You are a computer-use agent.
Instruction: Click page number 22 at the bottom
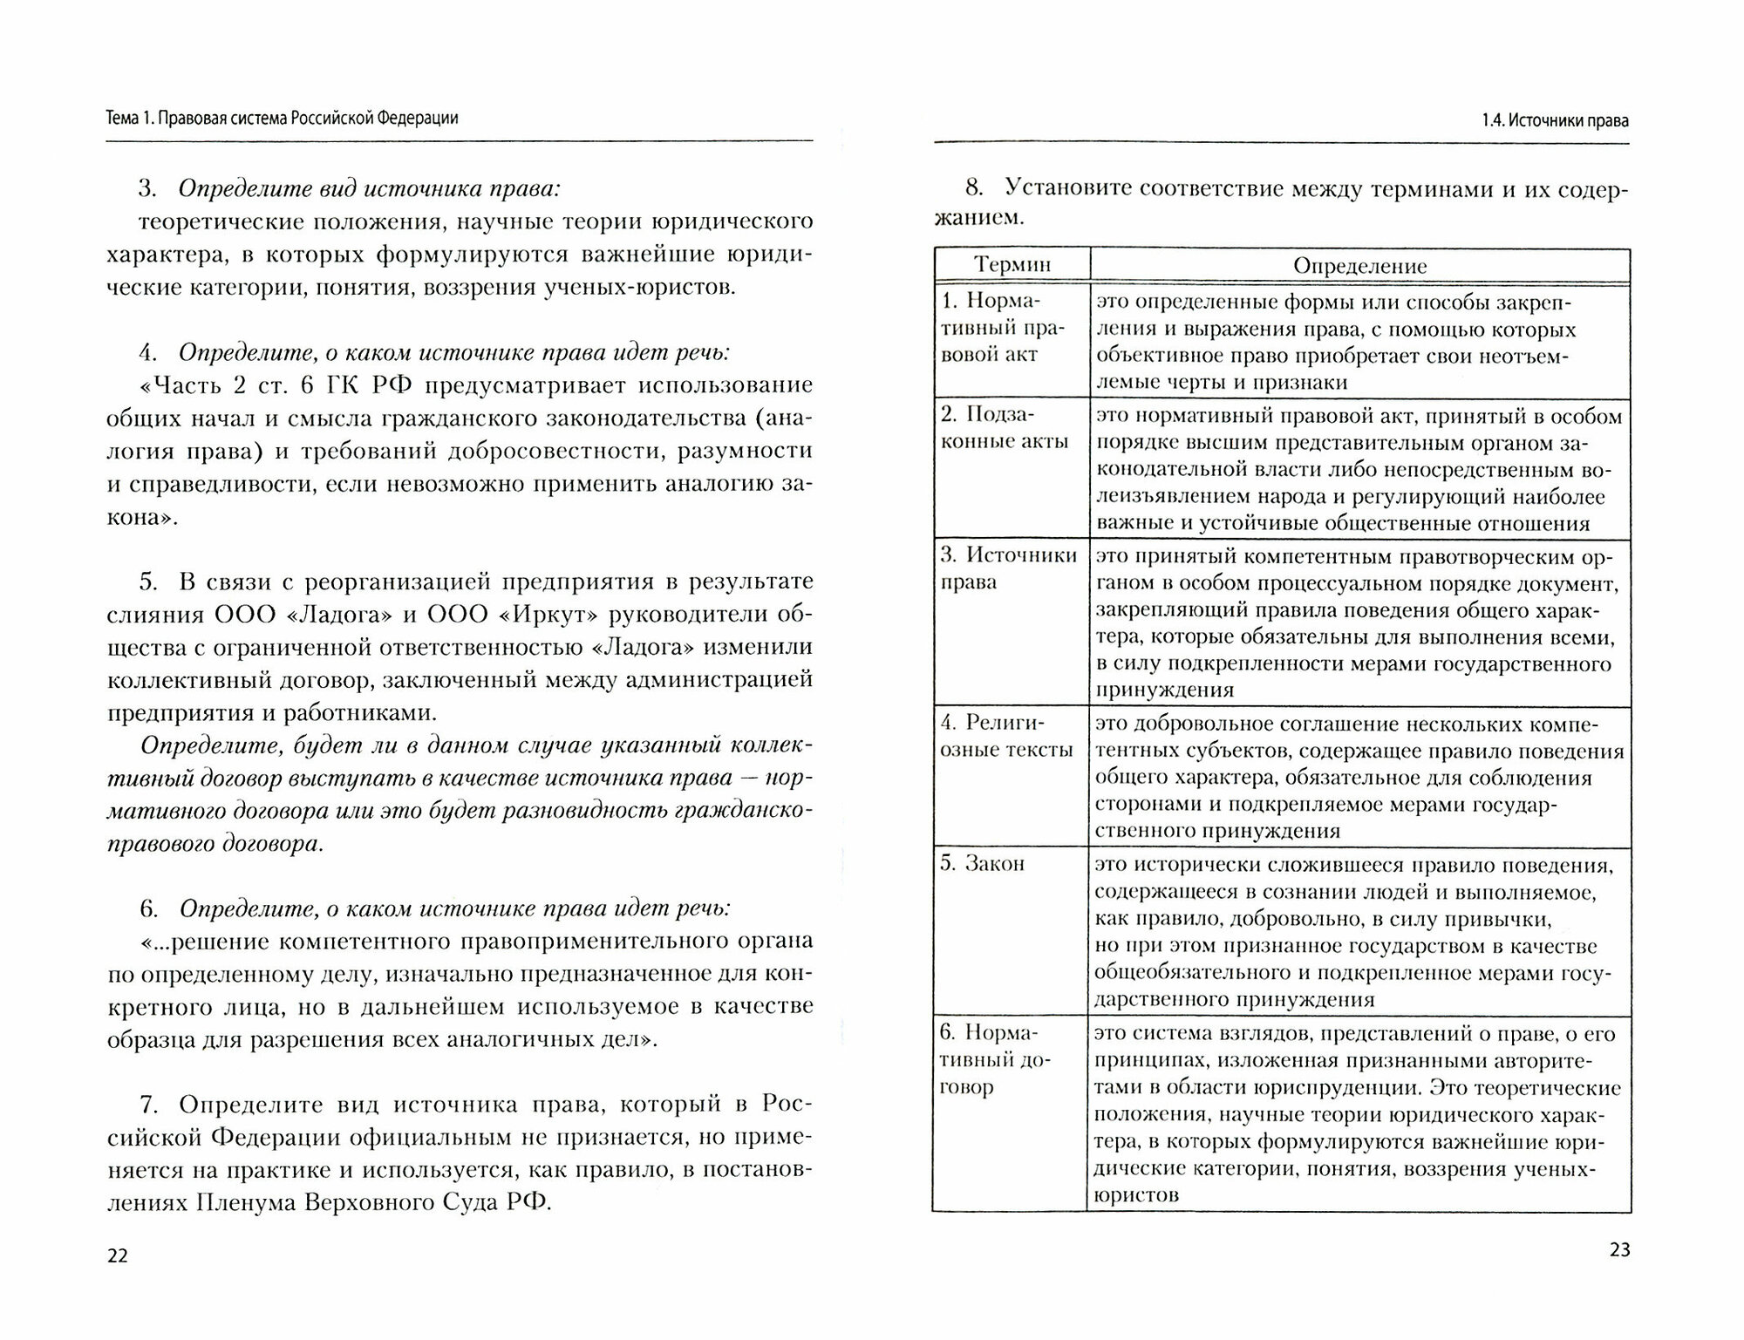click(117, 1256)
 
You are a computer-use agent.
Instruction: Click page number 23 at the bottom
click(1618, 1250)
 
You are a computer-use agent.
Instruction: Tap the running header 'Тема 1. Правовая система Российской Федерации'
click(282, 119)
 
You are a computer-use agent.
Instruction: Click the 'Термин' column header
click(1012, 265)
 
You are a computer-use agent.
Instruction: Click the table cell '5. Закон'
click(982, 864)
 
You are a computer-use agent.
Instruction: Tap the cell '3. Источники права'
click(1008, 568)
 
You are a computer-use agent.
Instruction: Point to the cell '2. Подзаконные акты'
click(1004, 427)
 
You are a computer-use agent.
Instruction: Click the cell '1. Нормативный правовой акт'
click(991, 328)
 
